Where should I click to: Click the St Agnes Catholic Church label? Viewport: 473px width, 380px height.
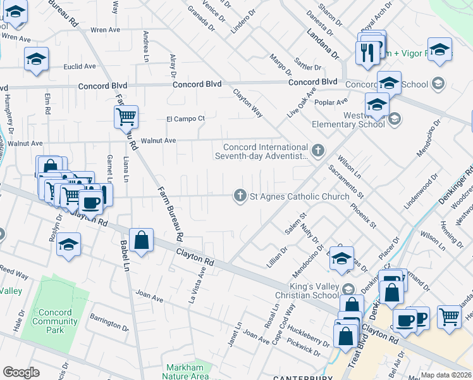pyautogui.click(x=291, y=196)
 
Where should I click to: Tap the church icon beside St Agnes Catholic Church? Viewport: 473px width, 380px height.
pyautogui.click(x=240, y=196)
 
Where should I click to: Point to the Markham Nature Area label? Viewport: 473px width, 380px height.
pyautogui.click(x=187, y=372)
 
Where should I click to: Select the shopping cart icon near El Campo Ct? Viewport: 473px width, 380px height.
pyautogui.click(x=126, y=117)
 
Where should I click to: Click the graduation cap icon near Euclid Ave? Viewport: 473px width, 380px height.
pyautogui.click(x=37, y=60)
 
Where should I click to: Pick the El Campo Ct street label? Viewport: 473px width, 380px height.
pyautogui.click(x=185, y=118)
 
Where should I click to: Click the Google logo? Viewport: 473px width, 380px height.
pyautogui.click(x=21, y=372)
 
